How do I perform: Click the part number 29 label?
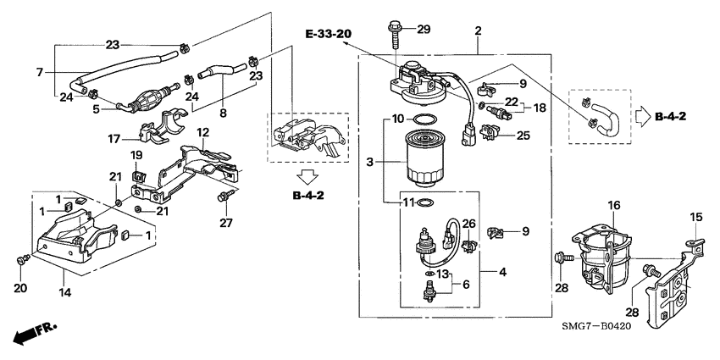(424, 30)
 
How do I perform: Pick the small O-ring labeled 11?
(429, 203)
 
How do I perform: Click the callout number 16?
(613, 205)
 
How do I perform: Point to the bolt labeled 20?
(22, 258)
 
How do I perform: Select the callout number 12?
(202, 133)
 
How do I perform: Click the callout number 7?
(39, 73)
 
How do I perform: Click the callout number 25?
(523, 135)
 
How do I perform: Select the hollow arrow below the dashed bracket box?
(307, 177)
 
